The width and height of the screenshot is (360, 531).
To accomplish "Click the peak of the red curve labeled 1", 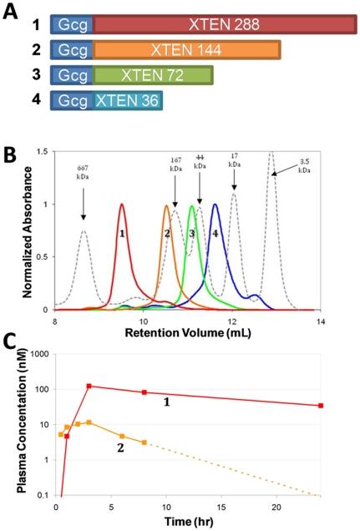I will coord(122,205).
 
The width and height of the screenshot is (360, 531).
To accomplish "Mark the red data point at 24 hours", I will coord(321,406).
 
